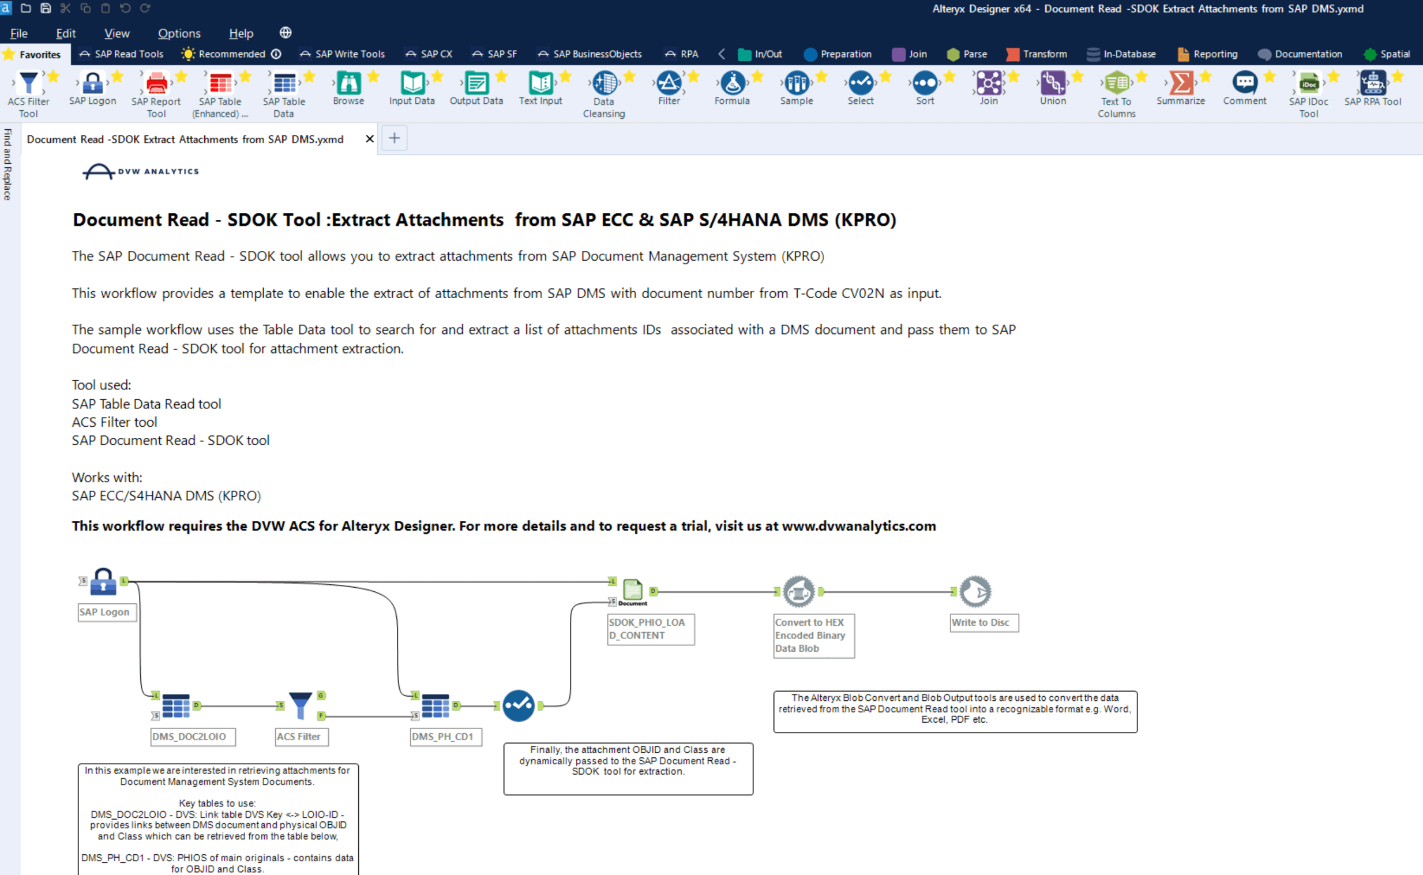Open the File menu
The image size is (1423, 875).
(x=18, y=33)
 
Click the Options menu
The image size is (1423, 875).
(x=179, y=33)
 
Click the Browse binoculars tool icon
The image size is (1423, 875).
(x=348, y=83)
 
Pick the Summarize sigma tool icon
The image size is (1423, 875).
(x=1181, y=83)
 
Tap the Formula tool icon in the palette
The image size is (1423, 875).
(x=732, y=83)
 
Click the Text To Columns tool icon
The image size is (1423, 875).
(x=1116, y=83)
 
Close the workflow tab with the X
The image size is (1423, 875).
(x=369, y=139)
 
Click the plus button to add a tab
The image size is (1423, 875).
(x=394, y=138)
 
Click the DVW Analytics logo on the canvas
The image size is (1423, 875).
(x=141, y=171)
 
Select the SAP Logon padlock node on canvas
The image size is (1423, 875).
(x=104, y=581)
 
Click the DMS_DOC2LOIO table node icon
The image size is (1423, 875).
(x=176, y=705)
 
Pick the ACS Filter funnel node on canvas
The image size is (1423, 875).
(x=301, y=705)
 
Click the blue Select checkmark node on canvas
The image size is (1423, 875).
(x=518, y=705)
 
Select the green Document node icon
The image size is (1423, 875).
(x=633, y=590)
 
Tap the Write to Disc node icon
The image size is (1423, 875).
(x=975, y=591)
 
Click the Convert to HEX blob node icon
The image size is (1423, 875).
(x=798, y=591)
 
